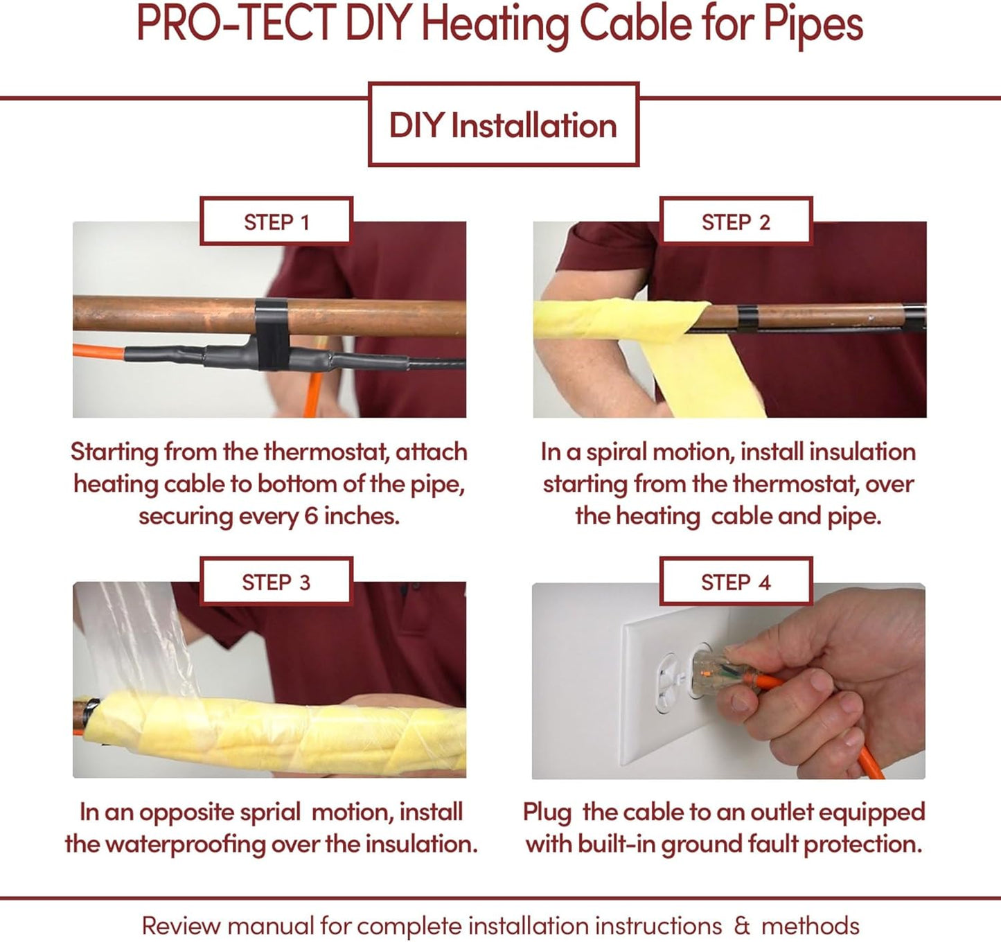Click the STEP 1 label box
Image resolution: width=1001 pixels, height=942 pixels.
(x=276, y=222)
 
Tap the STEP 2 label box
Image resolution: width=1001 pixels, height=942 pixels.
(x=736, y=222)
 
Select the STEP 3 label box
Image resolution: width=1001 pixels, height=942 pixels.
(x=276, y=582)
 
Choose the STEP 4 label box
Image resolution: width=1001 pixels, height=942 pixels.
(x=736, y=582)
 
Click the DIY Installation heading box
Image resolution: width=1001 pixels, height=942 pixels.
(x=503, y=125)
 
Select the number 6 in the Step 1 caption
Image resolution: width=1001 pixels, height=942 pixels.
(x=311, y=516)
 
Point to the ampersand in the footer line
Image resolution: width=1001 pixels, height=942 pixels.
(x=742, y=926)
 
